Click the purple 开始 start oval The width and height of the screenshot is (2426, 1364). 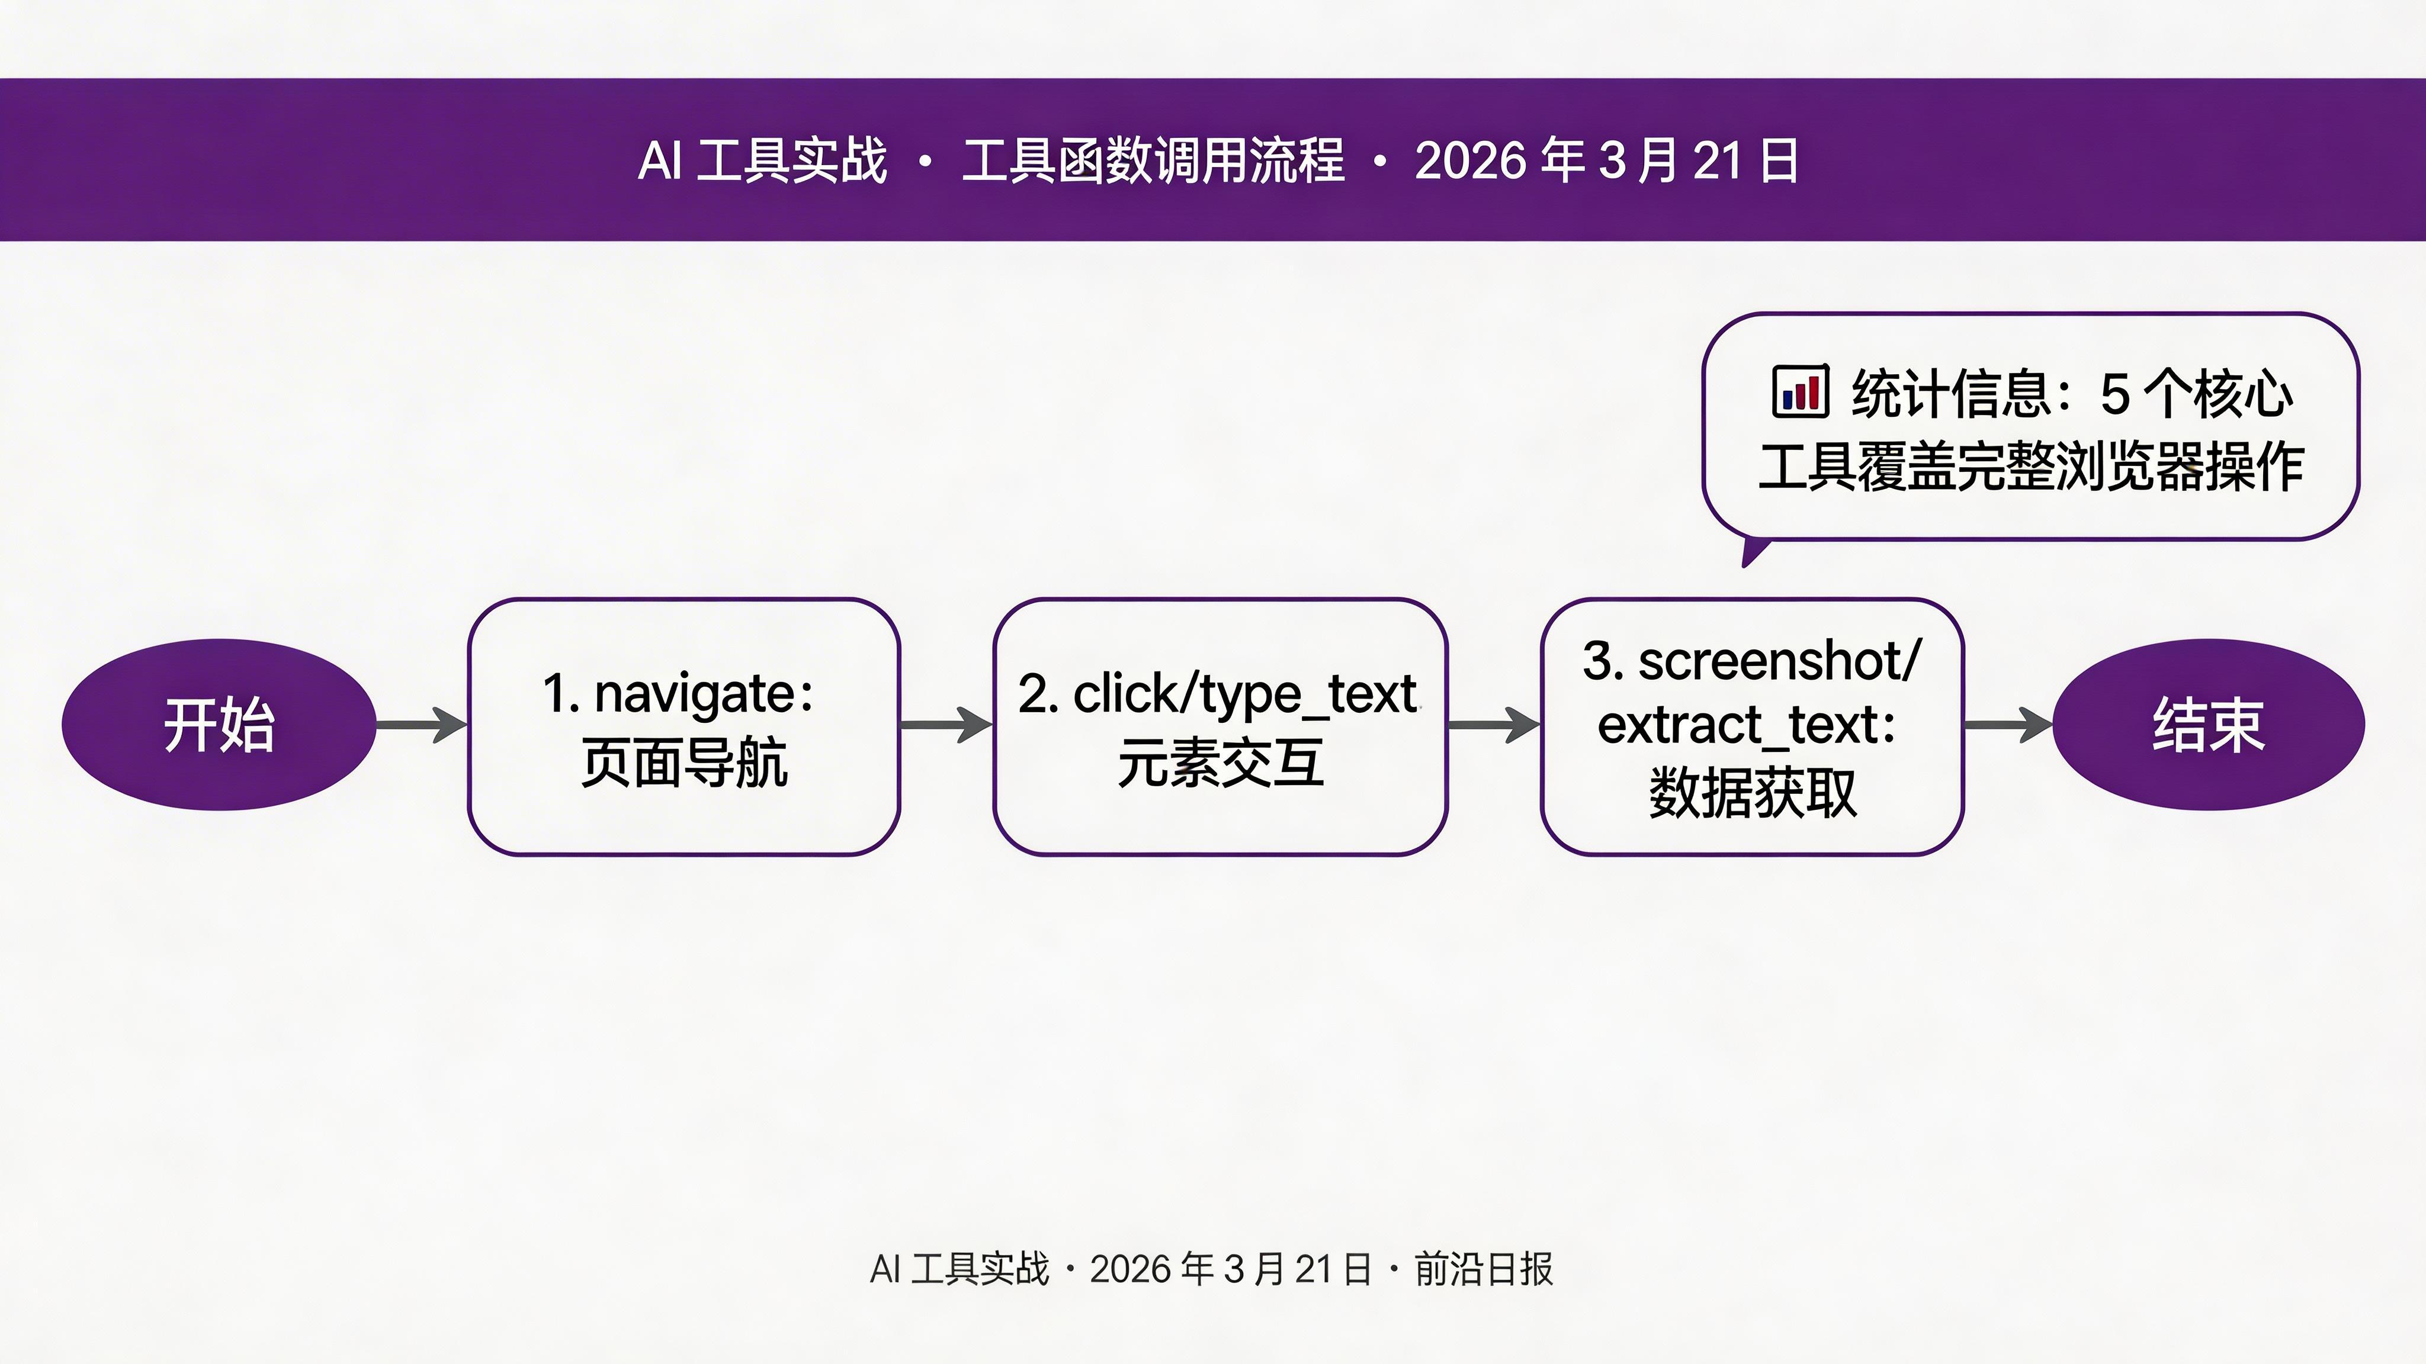pyautogui.click(x=219, y=724)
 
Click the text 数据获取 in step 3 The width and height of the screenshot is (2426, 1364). pyautogui.click(x=1752, y=793)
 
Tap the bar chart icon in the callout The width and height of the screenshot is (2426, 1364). pyautogui.click(x=1800, y=391)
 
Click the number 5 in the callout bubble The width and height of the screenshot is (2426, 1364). pyautogui.click(x=2114, y=394)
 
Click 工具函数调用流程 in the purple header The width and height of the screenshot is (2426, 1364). pyautogui.click(x=1153, y=160)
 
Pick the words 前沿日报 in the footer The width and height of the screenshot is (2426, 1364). pyautogui.click(x=1483, y=1269)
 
